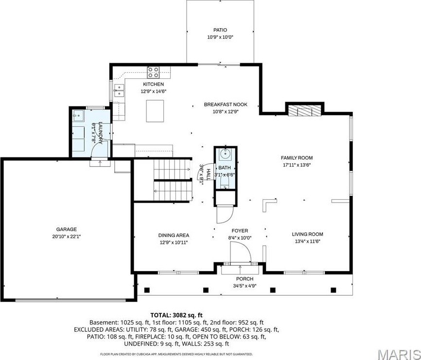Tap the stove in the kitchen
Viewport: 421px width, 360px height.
click(x=154, y=73)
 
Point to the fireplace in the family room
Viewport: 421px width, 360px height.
click(x=304, y=110)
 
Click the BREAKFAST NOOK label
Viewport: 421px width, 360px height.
click(x=226, y=104)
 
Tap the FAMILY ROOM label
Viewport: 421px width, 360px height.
click(x=296, y=158)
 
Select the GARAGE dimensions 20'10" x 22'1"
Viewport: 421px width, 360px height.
click(x=66, y=237)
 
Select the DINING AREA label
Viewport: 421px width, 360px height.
click(x=174, y=235)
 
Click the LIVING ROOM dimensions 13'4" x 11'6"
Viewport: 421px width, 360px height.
click(x=307, y=241)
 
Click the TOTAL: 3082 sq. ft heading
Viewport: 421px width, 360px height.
click(x=176, y=315)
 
